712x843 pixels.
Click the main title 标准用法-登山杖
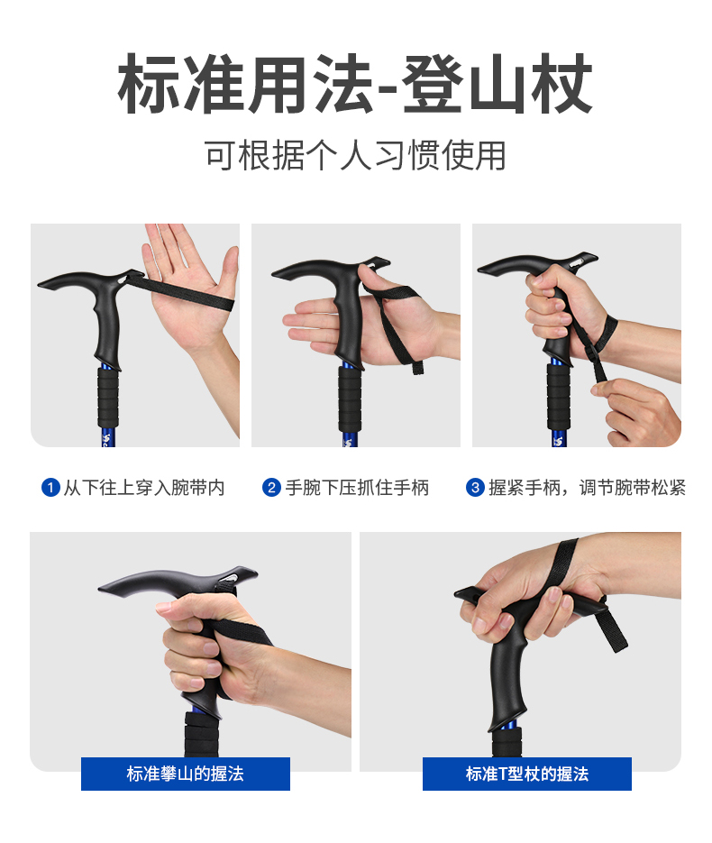pyautogui.click(x=355, y=84)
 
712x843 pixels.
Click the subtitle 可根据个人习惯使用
pyautogui.click(x=355, y=155)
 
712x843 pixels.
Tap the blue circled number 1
pyautogui.click(x=50, y=488)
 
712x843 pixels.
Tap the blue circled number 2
pyautogui.click(x=271, y=488)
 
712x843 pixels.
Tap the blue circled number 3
pyautogui.click(x=475, y=488)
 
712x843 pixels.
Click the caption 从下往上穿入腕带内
pyautogui.click(x=144, y=488)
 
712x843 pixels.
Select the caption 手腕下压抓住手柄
pyautogui.click(x=357, y=488)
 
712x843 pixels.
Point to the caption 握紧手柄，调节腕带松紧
pyautogui.click(x=587, y=488)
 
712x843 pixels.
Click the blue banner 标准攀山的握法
pyautogui.click(x=186, y=774)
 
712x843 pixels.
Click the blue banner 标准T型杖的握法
pyautogui.click(x=527, y=774)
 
